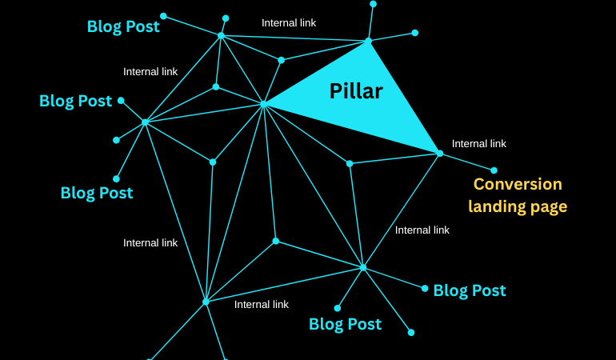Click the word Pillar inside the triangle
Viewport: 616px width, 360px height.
pos(356,91)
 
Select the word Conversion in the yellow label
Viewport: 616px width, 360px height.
pos(518,184)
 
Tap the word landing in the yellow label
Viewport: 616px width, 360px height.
pos(496,206)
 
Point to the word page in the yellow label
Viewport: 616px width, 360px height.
pos(547,207)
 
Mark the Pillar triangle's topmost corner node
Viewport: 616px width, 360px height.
pos(369,40)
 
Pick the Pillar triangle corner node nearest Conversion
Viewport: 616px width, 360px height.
pos(439,153)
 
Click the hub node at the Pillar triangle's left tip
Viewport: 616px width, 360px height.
pos(263,104)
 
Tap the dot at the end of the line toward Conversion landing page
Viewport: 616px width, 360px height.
pos(494,170)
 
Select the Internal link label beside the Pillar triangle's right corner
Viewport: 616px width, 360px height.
pos(478,144)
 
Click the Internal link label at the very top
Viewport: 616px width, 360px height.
pos(289,23)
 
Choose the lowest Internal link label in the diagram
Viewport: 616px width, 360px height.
pos(261,304)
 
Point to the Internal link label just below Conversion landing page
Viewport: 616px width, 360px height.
pos(422,230)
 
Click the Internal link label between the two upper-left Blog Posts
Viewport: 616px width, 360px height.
pos(150,72)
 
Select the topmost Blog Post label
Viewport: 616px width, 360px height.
pos(123,26)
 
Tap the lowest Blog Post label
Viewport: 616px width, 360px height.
pos(345,324)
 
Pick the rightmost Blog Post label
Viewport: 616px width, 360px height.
pos(469,290)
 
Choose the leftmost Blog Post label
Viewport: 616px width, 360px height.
pos(75,101)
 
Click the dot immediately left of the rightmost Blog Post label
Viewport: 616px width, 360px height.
pos(425,288)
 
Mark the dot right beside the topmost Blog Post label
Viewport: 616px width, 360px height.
pos(163,16)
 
